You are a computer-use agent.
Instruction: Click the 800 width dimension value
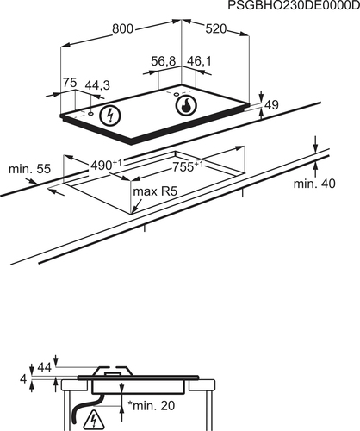122,29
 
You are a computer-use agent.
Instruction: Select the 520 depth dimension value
216,28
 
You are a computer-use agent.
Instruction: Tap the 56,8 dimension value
164,61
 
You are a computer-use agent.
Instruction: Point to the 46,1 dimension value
199,61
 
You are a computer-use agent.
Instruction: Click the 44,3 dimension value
97,85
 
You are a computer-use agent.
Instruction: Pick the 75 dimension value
70,83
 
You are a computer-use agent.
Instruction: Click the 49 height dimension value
271,105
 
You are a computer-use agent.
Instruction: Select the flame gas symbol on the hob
186,105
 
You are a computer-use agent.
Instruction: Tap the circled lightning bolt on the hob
110,116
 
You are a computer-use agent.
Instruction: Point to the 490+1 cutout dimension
106,166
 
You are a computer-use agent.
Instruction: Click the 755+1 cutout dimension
188,166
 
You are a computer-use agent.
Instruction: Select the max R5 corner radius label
155,191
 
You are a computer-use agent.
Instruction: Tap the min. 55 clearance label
29,169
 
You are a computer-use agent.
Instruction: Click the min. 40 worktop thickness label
314,184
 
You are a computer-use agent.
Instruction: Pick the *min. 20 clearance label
151,406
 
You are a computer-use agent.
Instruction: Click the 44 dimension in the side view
45,367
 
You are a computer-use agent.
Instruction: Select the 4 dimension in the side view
23,379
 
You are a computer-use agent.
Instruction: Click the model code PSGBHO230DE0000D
294,5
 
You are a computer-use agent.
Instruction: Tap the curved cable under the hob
86,408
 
